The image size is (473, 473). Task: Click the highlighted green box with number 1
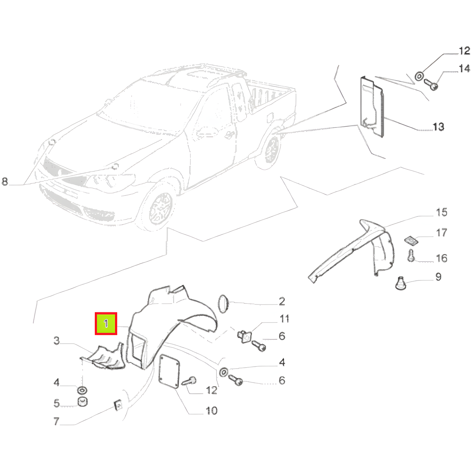(x=106, y=323)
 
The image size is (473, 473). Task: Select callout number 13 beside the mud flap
(x=438, y=127)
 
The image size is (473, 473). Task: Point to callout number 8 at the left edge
(x=5, y=182)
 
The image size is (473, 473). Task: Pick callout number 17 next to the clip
(x=441, y=233)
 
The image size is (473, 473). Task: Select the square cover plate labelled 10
(x=169, y=371)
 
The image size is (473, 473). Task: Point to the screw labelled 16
(x=411, y=255)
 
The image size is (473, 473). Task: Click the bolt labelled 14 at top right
(x=431, y=84)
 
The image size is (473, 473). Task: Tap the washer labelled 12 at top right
(x=419, y=76)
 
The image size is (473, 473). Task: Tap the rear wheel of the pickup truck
(x=271, y=149)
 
